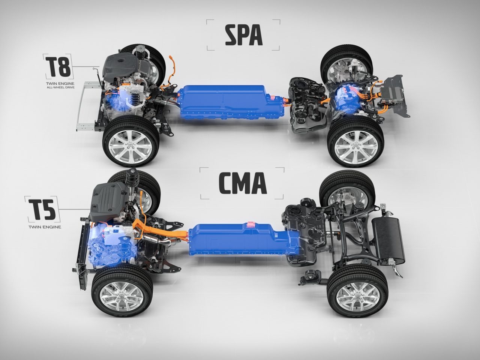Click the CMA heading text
click(242, 183)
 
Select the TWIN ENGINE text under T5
click(44, 227)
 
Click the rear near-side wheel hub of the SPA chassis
click(355, 144)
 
